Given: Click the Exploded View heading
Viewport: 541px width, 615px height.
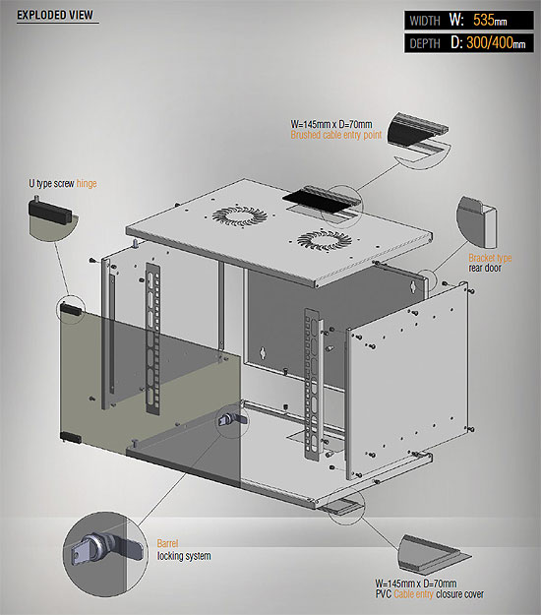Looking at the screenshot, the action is (x=55, y=15).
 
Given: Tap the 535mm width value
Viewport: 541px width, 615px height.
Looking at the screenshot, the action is (x=490, y=20).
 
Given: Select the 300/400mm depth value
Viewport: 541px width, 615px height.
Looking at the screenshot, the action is (x=496, y=42).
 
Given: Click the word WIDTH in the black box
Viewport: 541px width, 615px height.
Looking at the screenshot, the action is (x=425, y=21).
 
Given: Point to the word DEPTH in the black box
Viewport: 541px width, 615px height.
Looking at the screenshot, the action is (x=425, y=43).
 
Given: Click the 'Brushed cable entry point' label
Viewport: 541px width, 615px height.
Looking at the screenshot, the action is (x=336, y=135).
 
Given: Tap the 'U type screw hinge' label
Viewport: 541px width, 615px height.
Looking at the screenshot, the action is (x=63, y=183).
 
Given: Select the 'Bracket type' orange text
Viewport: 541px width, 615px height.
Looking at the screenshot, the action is (x=490, y=258).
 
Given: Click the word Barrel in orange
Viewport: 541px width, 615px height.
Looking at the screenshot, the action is (x=167, y=543).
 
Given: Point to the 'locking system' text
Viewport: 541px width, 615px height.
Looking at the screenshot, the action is (x=184, y=556).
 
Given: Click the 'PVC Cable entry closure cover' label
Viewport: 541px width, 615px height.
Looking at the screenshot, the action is (x=430, y=594).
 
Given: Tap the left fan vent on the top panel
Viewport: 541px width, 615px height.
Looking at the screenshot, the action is (x=240, y=216).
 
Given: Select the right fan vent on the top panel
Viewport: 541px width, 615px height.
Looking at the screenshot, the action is (x=325, y=240).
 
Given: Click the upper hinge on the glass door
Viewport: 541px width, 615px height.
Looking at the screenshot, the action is (x=71, y=309).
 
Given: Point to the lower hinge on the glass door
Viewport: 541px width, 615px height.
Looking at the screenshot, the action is (x=71, y=437).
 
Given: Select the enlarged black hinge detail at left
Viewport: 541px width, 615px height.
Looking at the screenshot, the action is (x=50, y=212).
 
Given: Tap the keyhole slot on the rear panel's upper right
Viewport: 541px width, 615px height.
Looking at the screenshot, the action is (x=412, y=286).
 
